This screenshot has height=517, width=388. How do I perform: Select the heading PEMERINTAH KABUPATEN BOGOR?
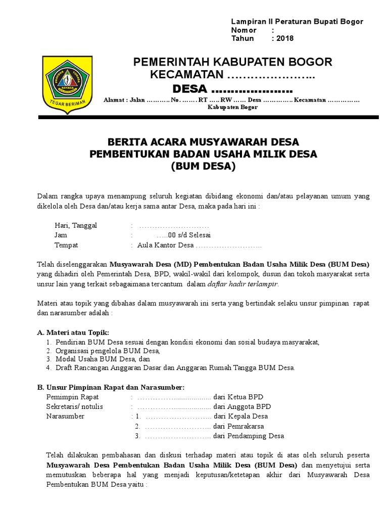pos(232,62)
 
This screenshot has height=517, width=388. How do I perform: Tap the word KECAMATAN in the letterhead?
pos(187,75)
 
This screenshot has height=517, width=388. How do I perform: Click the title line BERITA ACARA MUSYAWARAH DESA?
pos(204,142)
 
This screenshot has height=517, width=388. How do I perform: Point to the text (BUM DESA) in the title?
pos(204,167)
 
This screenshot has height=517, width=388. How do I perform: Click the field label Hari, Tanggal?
pos(76,225)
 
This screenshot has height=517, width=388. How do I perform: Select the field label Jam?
pos(61,235)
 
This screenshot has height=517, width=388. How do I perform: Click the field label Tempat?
pos(66,245)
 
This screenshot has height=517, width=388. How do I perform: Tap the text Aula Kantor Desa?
pos(162,245)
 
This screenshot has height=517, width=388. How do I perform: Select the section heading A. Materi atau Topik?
pos(73,332)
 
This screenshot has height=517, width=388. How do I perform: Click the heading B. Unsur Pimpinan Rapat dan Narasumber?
pos(111,387)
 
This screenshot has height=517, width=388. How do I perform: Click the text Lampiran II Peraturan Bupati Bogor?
pos(297,22)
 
